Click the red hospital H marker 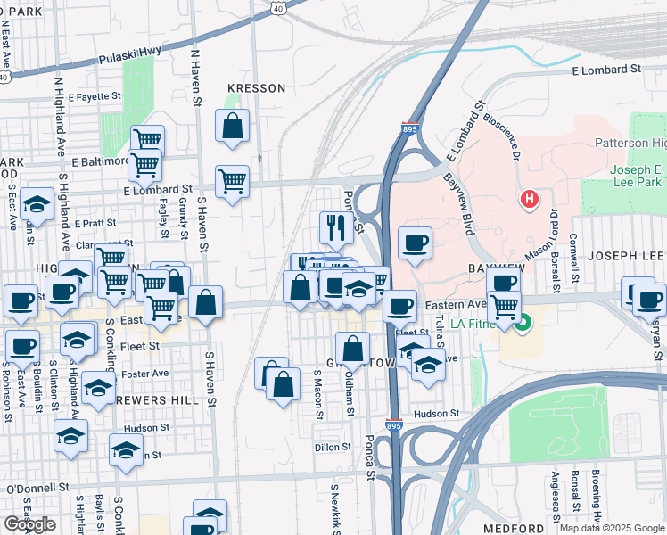[x=530, y=198]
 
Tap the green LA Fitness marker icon [x=524, y=322]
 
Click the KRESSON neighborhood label [x=256, y=88]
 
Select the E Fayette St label [x=90, y=96]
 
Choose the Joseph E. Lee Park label [x=638, y=177]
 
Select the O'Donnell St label [x=37, y=488]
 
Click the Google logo [x=30, y=524]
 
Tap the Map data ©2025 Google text [x=611, y=528]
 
